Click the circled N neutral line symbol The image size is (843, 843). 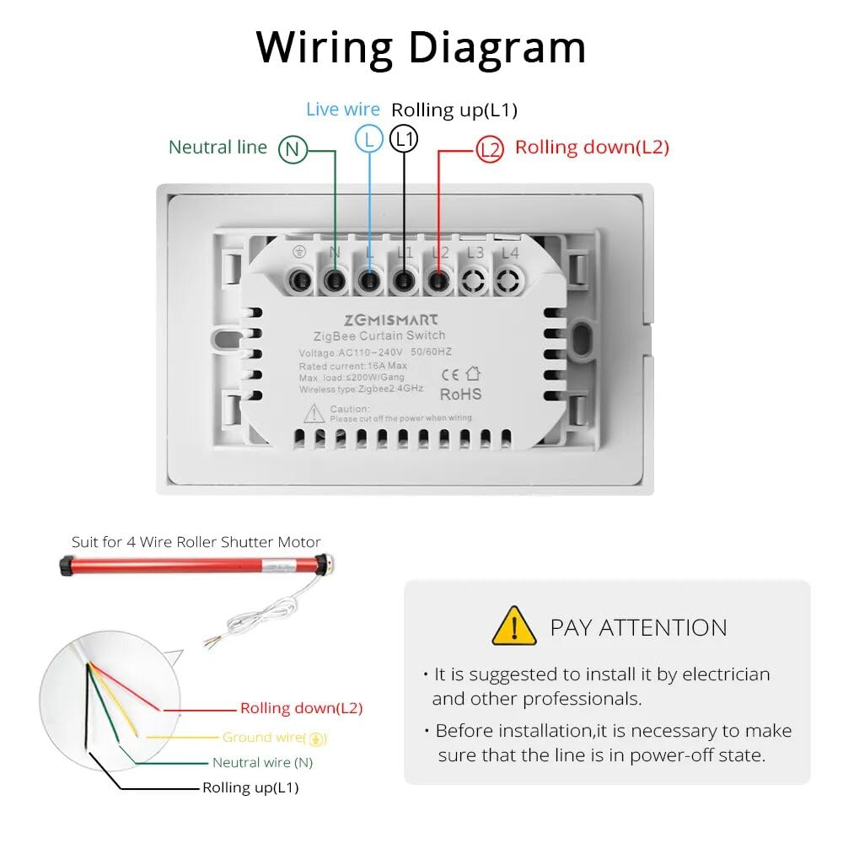[292, 150]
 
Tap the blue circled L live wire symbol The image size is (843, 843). [369, 138]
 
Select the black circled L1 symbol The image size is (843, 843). [405, 138]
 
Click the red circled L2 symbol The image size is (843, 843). [489, 150]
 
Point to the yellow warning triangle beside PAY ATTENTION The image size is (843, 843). [513, 626]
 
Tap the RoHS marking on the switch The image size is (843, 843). [461, 394]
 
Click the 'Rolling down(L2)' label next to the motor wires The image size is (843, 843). [301, 709]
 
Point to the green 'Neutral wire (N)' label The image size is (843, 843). [262, 763]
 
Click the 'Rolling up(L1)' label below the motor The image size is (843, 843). [250, 788]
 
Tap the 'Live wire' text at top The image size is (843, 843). [342, 110]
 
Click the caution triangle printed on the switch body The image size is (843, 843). [314, 412]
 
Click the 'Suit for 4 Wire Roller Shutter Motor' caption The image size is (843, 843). [196, 542]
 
